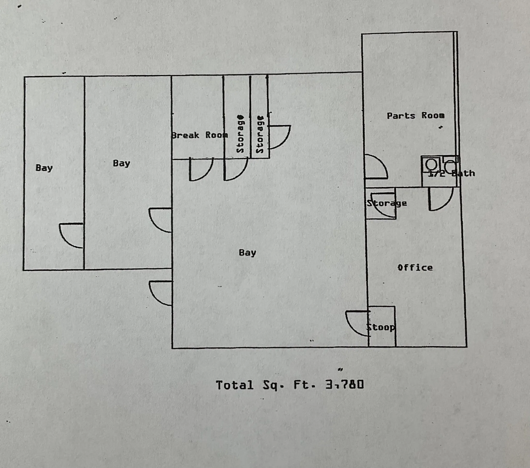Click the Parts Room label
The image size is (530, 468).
(415, 116)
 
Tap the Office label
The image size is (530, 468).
(415, 267)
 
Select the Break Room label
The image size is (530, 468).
(200, 135)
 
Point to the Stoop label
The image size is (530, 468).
(381, 327)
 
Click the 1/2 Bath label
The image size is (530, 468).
(451, 173)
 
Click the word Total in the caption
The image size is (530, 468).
(234, 385)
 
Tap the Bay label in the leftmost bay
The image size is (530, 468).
(44, 168)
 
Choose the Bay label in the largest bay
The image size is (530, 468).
(247, 252)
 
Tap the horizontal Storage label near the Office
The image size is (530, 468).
(387, 203)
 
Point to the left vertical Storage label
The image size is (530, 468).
(240, 134)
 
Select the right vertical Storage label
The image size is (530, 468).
(260, 134)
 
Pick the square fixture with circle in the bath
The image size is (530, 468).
(431, 164)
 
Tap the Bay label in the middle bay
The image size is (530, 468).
(122, 163)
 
